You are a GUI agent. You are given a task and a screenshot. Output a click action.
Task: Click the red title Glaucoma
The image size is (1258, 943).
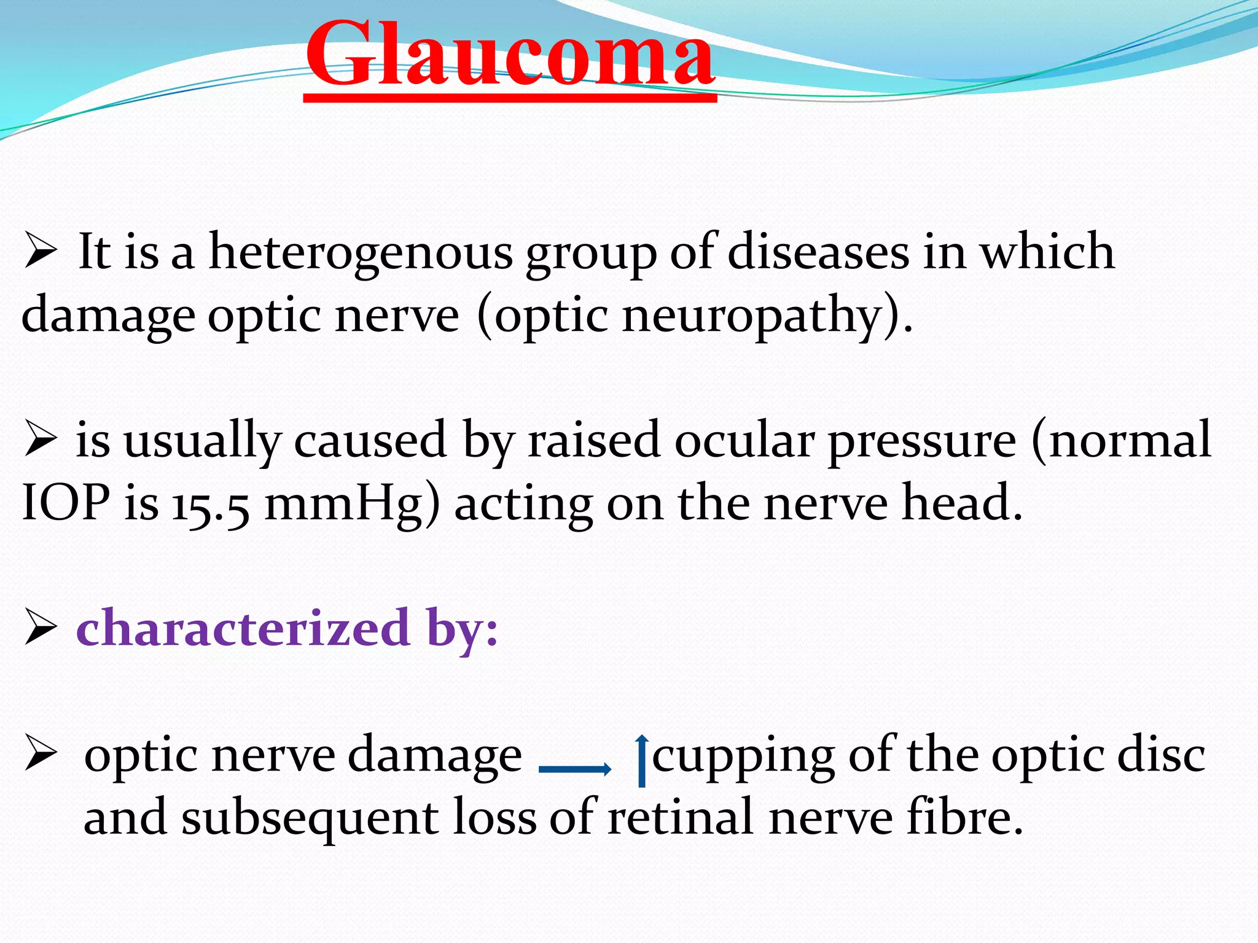(x=510, y=55)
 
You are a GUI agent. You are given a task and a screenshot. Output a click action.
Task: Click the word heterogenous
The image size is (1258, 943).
(x=361, y=253)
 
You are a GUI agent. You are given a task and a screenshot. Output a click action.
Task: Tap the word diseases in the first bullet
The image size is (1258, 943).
(x=818, y=253)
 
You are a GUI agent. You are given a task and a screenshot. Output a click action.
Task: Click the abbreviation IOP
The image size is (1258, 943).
(x=66, y=503)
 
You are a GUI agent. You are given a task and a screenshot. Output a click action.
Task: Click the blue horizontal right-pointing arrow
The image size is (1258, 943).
(x=574, y=769)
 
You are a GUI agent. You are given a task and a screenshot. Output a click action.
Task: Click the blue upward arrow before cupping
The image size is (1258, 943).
(x=642, y=760)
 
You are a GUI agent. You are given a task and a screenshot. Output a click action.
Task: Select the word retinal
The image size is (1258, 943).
(x=680, y=817)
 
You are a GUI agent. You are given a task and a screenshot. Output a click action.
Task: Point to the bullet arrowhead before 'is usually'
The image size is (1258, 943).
(x=41, y=441)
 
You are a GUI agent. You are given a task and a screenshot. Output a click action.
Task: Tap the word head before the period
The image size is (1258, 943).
(x=955, y=503)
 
